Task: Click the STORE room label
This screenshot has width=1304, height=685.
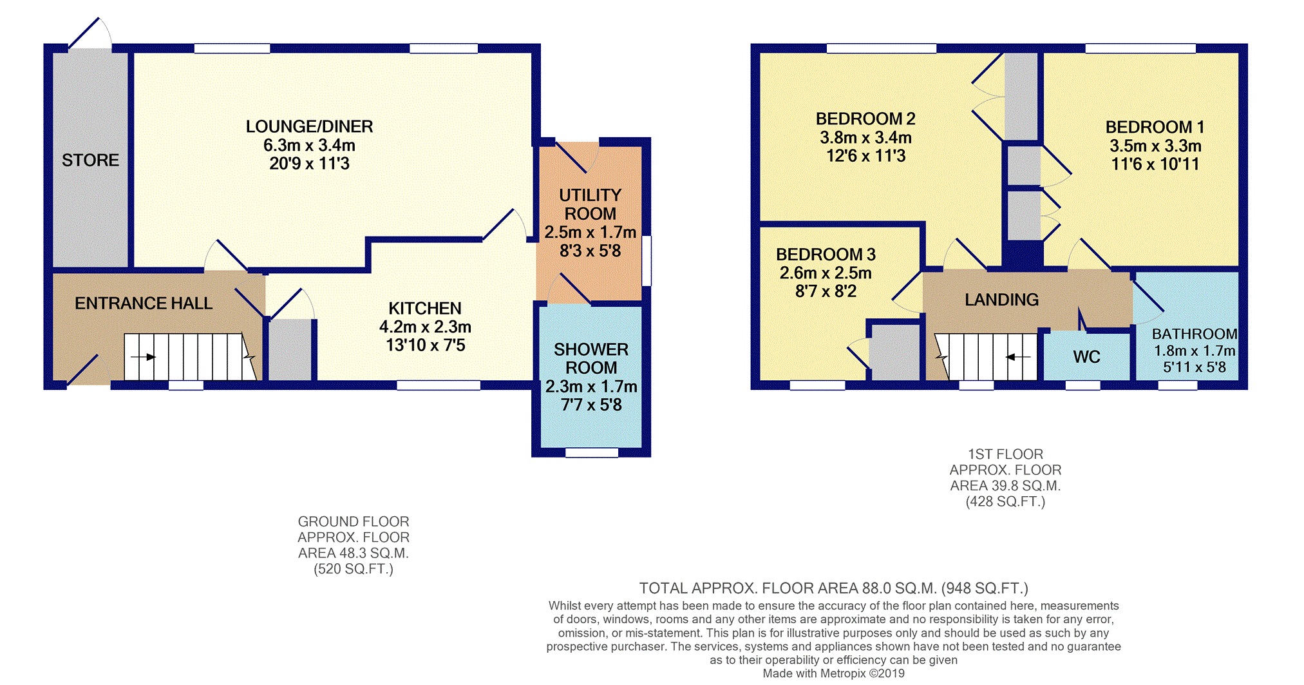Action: pyautogui.click(x=90, y=160)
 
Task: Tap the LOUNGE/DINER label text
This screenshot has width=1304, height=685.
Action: pyautogui.click(x=309, y=126)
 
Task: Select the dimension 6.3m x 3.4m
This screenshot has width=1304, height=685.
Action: pyautogui.click(x=309, y=145)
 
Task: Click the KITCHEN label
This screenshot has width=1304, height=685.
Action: pyautogui.click(x=425, y=308)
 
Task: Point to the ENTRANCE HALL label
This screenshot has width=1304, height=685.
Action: pyautogui.click(x=143, y=303)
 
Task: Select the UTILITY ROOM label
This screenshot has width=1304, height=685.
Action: pyautogui.click(x=590, y=204)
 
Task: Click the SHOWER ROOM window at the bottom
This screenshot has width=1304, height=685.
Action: pyautogui.click(x=591, y=452)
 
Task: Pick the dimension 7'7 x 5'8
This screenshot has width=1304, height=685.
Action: pyautogui.click(x=591, y=405)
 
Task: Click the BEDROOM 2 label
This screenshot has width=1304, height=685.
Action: pyautogui.click(x=865, y=119)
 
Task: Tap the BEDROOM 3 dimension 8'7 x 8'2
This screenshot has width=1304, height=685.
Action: pyautogui.click(x=826, y=291)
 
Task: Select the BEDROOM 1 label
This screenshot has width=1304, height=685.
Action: pyautogui.click(x=1155, y=127)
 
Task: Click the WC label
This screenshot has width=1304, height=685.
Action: pyautogui.click(x=1086, y=356)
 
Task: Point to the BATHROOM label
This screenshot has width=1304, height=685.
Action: pyautogui.click(x=1195, y=334)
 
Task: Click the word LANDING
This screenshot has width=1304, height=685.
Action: pyautogui.click(x=1001, y=300)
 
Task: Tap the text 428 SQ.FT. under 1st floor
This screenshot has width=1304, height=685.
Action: pyautogui.click(x=1005, y=501)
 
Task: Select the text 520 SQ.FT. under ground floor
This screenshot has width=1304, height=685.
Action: pyautogui.click(x=353, y=568)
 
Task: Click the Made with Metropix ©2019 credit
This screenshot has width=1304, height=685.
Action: pyautogui.click(x=833, y=673)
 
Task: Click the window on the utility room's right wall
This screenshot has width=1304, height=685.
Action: pyautogui.click(x=647, y=261)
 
